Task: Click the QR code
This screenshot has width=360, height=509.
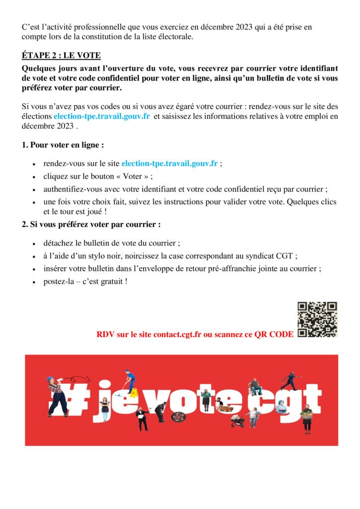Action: point(317,319)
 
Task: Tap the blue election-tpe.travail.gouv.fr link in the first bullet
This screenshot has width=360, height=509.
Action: point(170,163)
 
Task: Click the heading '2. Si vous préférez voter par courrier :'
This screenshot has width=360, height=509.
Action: point(91,224)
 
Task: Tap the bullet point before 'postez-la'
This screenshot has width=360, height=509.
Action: point(33,282)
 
